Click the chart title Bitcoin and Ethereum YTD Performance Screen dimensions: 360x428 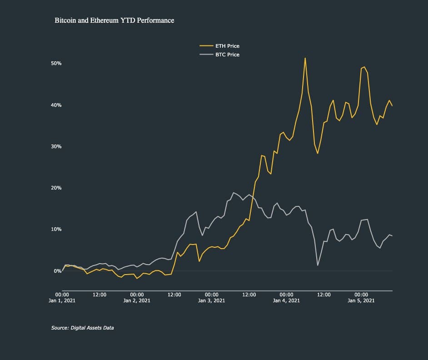tap(114, 20)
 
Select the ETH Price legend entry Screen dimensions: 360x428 tap(227, 46)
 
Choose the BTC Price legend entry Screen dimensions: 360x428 tap(227, 55)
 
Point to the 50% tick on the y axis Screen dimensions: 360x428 tap(56, 63)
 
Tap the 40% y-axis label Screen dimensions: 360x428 tap(56, 105)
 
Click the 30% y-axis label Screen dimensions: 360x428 tap(56, 146)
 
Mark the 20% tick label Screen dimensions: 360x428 tap(56, 188)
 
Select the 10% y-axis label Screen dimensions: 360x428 tap(56, 229)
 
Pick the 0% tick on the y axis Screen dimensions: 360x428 tap(57, 271)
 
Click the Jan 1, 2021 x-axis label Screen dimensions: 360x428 tap(62, 300)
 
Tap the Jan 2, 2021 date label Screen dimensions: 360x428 tap(137, 300)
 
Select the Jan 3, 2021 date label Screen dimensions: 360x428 tap(212, 300)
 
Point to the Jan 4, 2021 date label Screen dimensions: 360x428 tap(286, 300)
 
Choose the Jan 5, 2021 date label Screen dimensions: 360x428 tap(361, 300)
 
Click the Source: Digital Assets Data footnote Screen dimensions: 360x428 tap(82, 327)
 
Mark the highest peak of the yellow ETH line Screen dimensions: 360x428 tap(305, 58)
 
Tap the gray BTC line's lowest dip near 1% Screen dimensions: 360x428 tap(318, 265)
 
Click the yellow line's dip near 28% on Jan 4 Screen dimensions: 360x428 tap(318, 153)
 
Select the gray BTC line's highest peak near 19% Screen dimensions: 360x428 tap(234, 192)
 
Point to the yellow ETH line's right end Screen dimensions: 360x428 tap(392, 106)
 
